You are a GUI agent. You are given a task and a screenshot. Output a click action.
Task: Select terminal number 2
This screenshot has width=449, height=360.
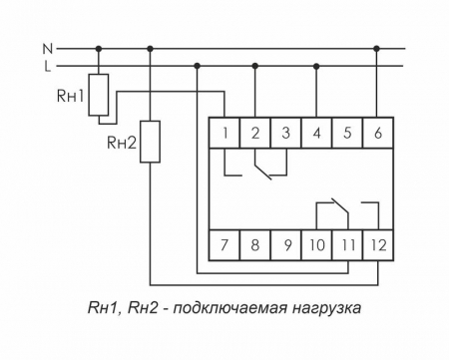(x=256, y=133)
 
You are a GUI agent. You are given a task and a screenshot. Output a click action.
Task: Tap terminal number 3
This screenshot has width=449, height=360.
(x=286, y=133)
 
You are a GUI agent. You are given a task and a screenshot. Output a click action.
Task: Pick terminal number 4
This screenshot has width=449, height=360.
(x=316, y=133)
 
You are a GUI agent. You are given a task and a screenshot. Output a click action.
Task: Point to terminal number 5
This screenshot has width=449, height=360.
(x=346, y=133)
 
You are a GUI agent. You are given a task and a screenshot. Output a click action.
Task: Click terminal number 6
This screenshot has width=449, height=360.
(x=376, y=133)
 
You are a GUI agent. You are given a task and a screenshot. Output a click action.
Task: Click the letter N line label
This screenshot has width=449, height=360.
(x=46, y=48)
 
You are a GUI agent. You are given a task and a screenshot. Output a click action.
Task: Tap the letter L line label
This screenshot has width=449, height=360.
(x=46, y=66)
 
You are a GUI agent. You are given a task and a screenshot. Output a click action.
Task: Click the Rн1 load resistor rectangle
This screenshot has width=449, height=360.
(x=100, y=94)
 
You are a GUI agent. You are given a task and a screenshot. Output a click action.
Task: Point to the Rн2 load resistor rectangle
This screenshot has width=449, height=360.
(x=150, y=142)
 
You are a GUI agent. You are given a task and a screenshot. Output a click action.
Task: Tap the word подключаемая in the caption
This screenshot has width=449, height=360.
(x=226, y=309)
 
